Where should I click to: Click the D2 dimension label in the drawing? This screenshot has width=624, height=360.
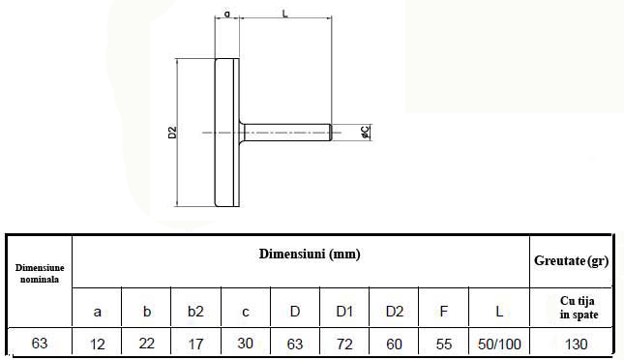coord(172,133)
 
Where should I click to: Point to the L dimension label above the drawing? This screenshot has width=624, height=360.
coord(285,14)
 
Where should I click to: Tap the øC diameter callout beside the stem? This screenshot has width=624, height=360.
coord(365,133)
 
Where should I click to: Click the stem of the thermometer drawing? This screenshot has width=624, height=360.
coord(285,133)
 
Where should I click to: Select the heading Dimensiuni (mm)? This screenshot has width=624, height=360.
coord(310,254)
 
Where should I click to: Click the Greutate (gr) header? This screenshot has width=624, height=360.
coord(571,261)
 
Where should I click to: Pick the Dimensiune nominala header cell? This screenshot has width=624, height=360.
coord(40,273)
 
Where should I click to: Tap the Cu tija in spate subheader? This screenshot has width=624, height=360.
coord(579,308)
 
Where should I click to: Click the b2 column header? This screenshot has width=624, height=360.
coord(195,311)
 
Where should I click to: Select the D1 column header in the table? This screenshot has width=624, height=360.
coord(344,311)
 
